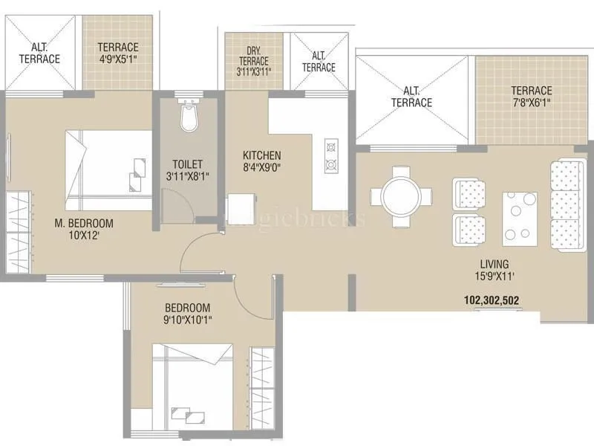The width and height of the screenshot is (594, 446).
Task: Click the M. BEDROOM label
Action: tap(83, 222)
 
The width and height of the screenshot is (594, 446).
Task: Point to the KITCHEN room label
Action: tap(261, 155)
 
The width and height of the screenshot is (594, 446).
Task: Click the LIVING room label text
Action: tap(494, 264)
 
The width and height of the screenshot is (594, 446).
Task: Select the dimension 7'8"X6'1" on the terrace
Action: tap(531, 103)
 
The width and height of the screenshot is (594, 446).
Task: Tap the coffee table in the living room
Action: tap(520, 218)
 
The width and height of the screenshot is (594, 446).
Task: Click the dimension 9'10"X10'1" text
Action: tap(187, 320)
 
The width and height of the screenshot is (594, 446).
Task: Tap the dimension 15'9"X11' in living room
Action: tap(494, 276)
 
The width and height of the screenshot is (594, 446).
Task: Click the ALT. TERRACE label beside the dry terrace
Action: tap(319, 62)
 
